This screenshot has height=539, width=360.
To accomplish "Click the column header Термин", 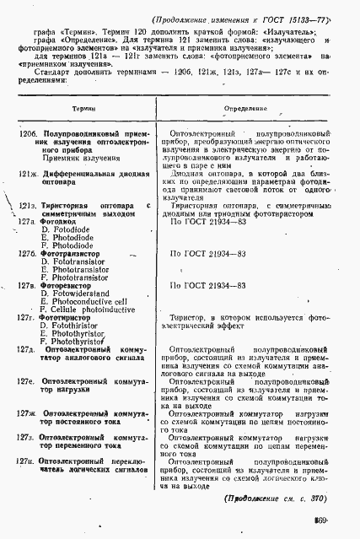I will [x=83, y=110].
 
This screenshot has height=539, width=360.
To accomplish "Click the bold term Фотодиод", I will [x=58, y=221].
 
